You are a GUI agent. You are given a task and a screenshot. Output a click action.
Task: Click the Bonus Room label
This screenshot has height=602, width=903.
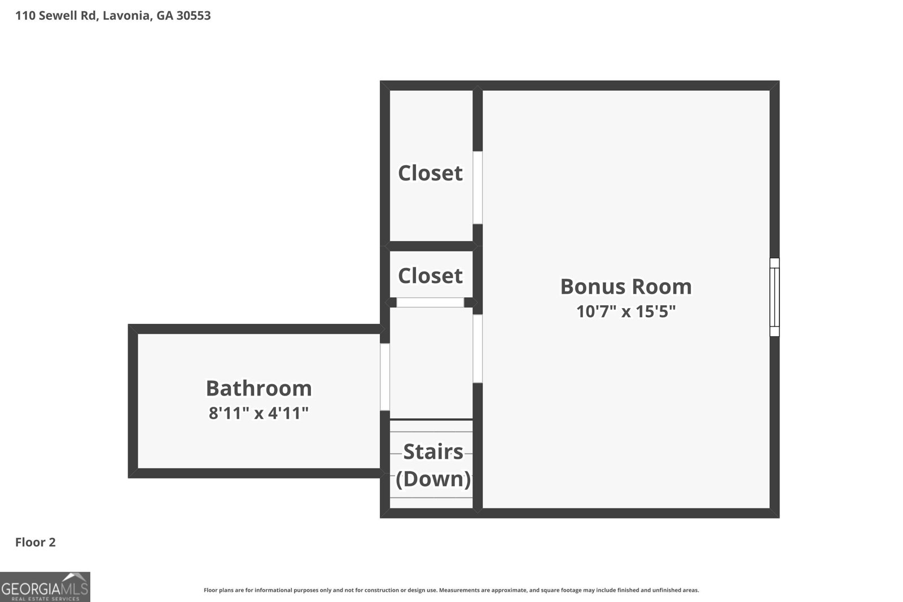pyautogui.click(x=626, y=287)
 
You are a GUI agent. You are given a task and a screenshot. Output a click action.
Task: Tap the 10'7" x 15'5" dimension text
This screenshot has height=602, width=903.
pyautogui.click(x=626, y=311)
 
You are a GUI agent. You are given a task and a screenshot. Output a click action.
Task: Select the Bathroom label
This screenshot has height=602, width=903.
pyautogui.click(x=259, y=388)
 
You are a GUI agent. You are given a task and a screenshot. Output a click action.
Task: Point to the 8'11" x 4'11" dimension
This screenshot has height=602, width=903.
pyautogui.click(x=258, y=413)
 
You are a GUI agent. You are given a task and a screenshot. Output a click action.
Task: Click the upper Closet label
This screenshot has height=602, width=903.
pyautogui.click(x=430, y=173)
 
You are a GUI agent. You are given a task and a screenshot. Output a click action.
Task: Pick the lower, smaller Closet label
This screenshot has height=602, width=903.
pyautogui.click(x=430, y=276)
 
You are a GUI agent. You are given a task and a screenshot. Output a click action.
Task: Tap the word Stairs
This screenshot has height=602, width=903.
pyautogui.click(x=433, y=452)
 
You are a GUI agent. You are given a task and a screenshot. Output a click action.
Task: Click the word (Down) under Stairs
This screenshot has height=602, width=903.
pyautogui.click(x=433, y=478)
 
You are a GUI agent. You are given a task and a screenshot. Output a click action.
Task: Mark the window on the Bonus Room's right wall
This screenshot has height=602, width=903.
pyautogui.click(x=774, y=297)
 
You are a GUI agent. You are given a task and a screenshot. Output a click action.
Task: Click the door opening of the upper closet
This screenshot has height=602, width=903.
pyautogui.click(x=477, y=187)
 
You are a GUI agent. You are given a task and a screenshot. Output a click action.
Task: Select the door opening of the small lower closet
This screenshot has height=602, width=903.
pyautogui.click(x=430, y=302)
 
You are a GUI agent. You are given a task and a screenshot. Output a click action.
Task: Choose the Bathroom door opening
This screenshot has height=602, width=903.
pyautogui.click(x=384, y=377)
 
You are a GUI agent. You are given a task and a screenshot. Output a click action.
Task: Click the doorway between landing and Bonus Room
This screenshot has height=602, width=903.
pyautogui.click(x=477, y=349)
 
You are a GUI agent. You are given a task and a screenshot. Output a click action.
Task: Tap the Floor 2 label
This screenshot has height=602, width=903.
pyautogui.click(x=36, y=542)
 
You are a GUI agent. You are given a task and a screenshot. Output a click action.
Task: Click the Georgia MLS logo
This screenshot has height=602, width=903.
pyautogui.click(x=45, y=587)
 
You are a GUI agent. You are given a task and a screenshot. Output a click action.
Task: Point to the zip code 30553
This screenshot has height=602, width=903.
pyautogui.click(x=194, y=15)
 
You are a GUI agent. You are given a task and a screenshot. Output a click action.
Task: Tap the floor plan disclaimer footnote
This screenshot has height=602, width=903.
pyautogui.click(x=451, y=590)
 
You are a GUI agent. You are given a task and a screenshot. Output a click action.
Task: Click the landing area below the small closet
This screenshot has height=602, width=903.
pyautogui.click(x=431, y=363)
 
